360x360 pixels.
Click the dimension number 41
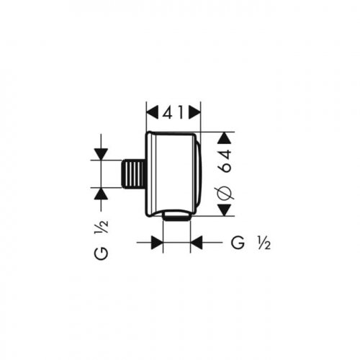pos(173,112)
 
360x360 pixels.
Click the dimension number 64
pos(226,161)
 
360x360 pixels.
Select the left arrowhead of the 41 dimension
pos(153,112)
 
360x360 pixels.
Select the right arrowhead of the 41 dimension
pos(194,112)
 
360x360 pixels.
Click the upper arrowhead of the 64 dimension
pos(225,138)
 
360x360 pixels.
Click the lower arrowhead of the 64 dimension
pos(225,210)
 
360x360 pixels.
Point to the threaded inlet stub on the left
pos(132,174)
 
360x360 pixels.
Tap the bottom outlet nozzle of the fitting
pos(176,216)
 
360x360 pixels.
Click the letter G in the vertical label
pos(102,253)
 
